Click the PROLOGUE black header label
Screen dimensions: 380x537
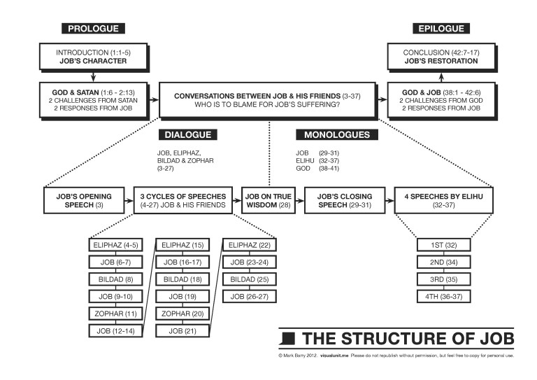[x=94, y=29]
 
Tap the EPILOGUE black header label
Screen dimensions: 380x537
[x=440, y=29]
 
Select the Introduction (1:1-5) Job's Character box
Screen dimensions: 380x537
[x=94, y=56]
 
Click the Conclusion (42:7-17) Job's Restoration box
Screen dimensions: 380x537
[x=441, y=56]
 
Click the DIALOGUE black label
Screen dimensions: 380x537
[x=187, y=134]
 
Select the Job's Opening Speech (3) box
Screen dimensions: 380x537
[x=83, y=200]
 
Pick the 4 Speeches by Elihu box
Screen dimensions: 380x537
[x=443, y=200]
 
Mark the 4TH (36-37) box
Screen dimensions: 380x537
[x=443, y=297]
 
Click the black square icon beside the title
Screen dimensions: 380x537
[x=287, y=339]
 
